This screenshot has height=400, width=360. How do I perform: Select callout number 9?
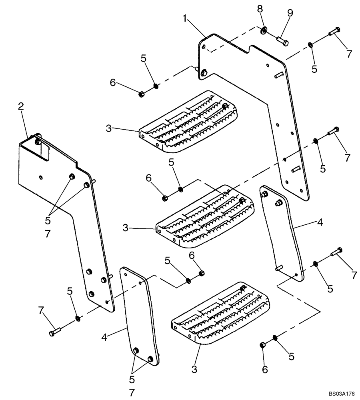(290, 13)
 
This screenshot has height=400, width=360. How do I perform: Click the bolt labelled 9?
(282, 40)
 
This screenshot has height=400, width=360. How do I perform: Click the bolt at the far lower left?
(55, 332)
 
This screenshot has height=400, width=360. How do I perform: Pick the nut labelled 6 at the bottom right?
(262, 345)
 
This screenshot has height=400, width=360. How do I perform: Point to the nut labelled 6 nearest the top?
(141, 94)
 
